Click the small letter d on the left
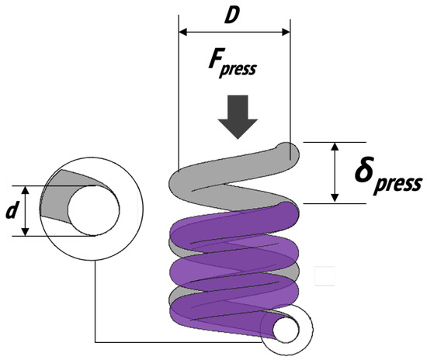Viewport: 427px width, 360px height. point(11,210)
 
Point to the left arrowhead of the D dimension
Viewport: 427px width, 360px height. point(183,33)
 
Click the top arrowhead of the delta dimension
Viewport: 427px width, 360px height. point(334,147)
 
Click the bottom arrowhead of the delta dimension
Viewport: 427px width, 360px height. point(334,198)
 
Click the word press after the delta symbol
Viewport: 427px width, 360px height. point(401,184)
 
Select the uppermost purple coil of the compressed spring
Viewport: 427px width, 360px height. point(233,221)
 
